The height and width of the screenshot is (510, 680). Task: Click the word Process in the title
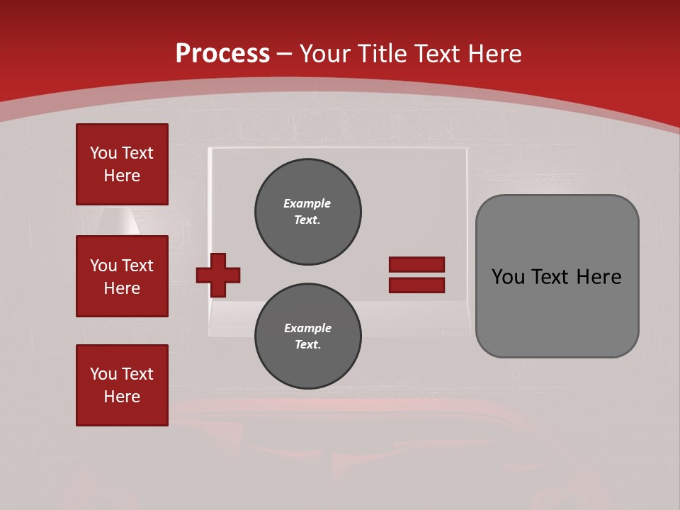(x=222, y=53)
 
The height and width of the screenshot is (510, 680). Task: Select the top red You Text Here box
(x=122, y=164)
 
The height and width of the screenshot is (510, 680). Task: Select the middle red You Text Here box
(x=122, y=276)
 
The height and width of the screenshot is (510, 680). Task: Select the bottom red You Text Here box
(x=122, y=385)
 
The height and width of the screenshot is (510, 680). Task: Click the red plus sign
(x=218, y=275)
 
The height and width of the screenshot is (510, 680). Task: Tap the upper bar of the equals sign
(x=416, y=264)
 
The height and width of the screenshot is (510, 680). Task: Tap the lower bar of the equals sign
(x=416, y=285)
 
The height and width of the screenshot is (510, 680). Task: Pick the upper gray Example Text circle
(x=307, y=211)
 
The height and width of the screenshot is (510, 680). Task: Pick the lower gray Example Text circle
(x=307, y=336)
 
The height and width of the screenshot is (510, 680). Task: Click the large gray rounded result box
(x=557, y=312)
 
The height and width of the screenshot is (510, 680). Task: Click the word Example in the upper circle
(x=307, y=203)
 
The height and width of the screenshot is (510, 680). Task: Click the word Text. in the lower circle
(x=307, y=345)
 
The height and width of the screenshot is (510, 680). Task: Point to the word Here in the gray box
(x=599, y=277)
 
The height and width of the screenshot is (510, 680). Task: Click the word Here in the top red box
(x=122, y=176)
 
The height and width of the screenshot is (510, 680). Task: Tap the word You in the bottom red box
(x=103, y=374)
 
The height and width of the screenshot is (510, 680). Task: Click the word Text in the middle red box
(x=137, y=266)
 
